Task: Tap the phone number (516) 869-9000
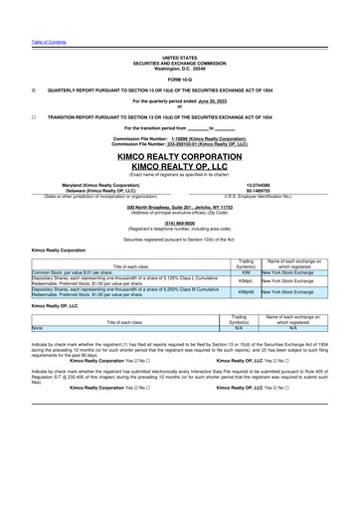180,223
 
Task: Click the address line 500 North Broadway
180,206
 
